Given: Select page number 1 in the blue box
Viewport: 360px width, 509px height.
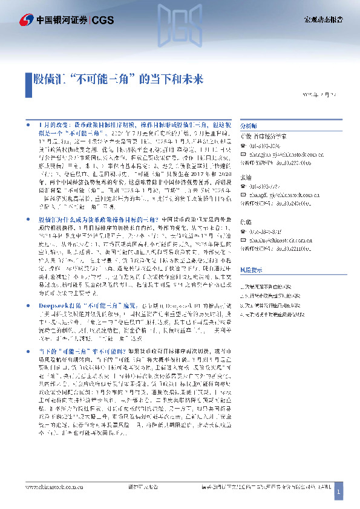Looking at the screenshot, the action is click(x=339, y=493).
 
